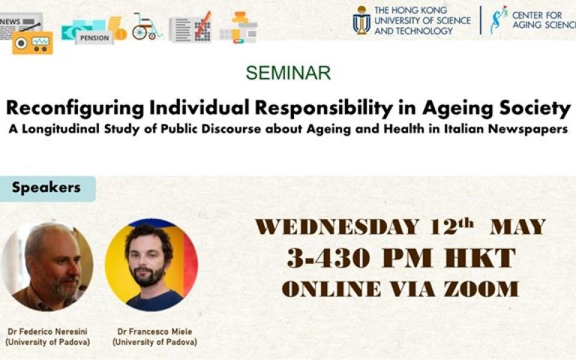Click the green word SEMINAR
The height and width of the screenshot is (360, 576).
[289, 73]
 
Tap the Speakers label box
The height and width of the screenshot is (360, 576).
[47, 188]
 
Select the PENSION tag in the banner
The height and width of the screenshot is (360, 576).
[94, 38]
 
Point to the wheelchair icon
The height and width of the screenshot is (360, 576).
[146, 26]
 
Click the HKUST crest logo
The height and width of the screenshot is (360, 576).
[361, 20]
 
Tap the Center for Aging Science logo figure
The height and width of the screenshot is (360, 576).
[498, 20]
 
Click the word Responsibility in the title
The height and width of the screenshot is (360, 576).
[324, 109]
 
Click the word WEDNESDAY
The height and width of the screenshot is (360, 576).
[337, 227]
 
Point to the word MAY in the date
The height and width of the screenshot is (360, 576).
[518, 227]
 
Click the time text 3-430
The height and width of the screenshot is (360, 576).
[328, 258]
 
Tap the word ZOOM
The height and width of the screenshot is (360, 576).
[481, 289]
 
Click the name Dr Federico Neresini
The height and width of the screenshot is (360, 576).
[48, 331]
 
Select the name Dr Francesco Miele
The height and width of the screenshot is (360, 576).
[155, 331]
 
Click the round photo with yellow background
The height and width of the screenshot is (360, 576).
[151, 265]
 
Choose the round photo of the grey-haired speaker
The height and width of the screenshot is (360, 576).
[47, 266]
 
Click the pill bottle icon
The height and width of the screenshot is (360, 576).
[240, 27]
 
